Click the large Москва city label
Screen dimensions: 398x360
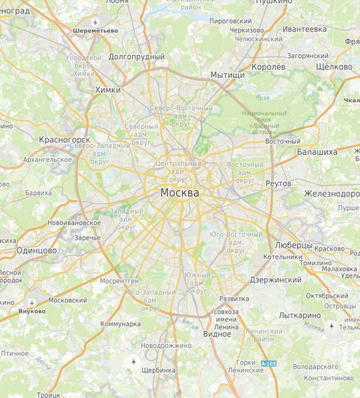(x=179, y=192)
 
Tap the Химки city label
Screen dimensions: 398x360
(x=108, y=90)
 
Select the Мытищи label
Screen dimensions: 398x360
(x=227, y=75)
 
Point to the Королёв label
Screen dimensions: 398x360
(x=269, y=66)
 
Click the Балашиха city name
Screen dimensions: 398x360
(x=316, y=152)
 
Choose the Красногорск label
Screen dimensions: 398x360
(x=64, y=139)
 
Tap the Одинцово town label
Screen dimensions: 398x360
(x=37, y=251)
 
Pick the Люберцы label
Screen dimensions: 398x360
(x=294, y=245)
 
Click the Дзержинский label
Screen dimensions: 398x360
(x=275, y=280)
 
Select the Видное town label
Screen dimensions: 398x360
(x=216, y=334)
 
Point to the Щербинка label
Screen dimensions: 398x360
(x=159, y=370)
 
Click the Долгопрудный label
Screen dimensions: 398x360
(x=136, y=56)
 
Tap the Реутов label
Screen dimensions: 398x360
(x=278, y=183)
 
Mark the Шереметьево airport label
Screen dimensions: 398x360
(x=95, y=31)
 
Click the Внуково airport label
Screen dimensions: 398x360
(x=32, y=311)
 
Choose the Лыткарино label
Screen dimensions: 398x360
(x=300, y=315)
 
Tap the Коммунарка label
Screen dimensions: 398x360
(x=120, y=324)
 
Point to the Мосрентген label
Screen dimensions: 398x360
(x=119, y=281)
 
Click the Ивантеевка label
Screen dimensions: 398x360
(x=304, y=29)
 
